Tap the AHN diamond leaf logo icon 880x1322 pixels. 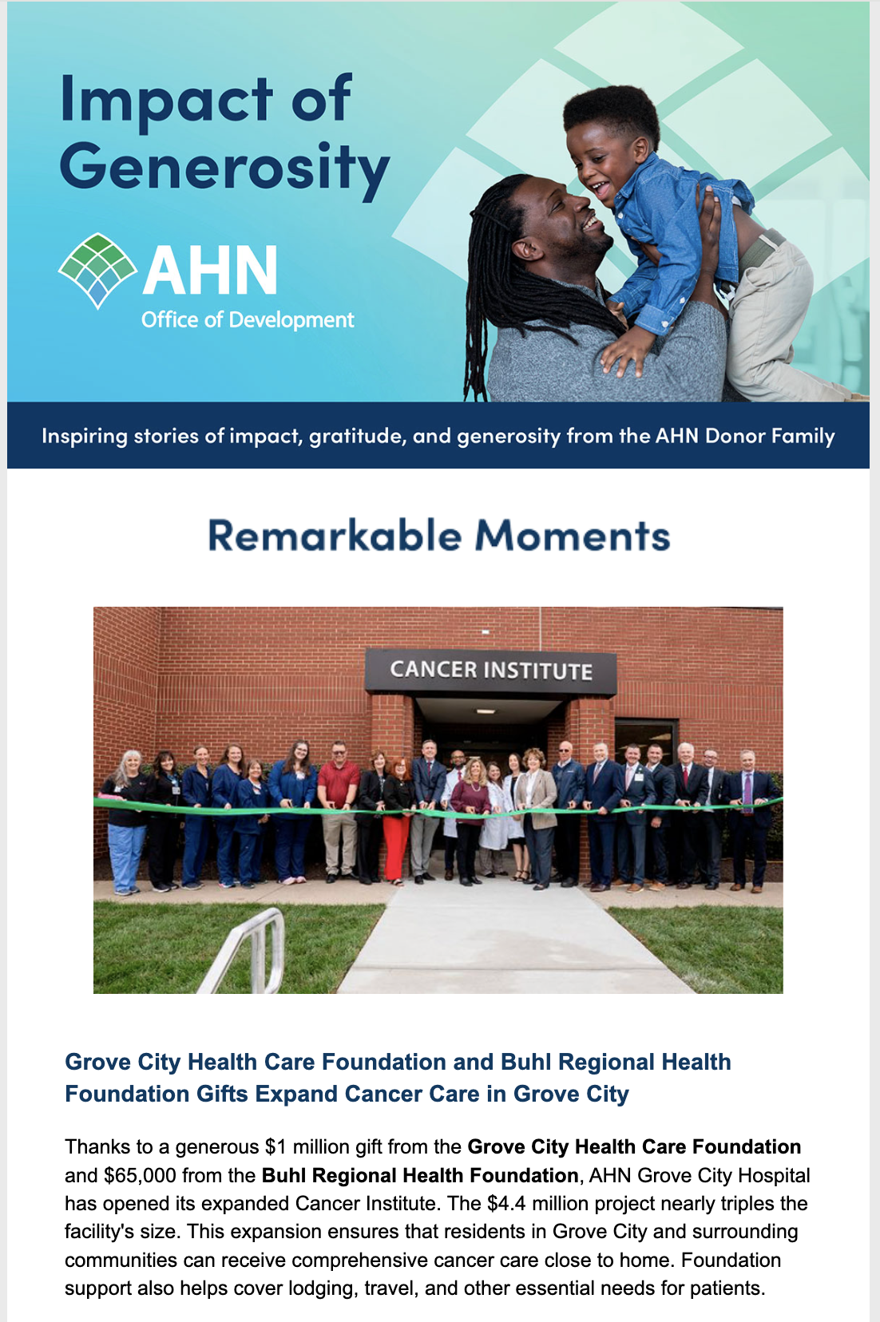click(x=97, y=270)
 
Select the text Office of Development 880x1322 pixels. click(x=248, y=320)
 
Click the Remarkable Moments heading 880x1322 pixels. click(x=438, y=536)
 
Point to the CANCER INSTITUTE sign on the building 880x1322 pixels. click(x=490, y=671)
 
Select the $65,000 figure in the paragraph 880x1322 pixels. click(x=140, y=1176)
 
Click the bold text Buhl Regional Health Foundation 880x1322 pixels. click(x=420, y=1176)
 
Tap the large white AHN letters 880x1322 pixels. click(x=210, y=271)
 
